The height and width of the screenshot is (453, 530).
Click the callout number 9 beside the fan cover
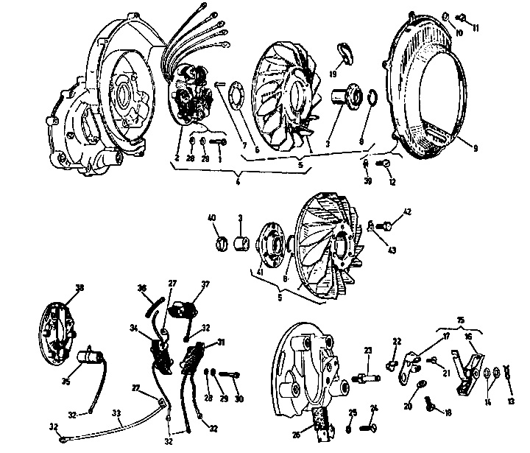pyautogui.click(x=476, y=147)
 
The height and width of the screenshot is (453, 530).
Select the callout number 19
pyautogui.click(x=333, y=74)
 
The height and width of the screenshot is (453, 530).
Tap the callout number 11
pyautogui.click(x=476, y=29)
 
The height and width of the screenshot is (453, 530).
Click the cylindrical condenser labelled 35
pyautogui.click(x=90, y=359)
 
